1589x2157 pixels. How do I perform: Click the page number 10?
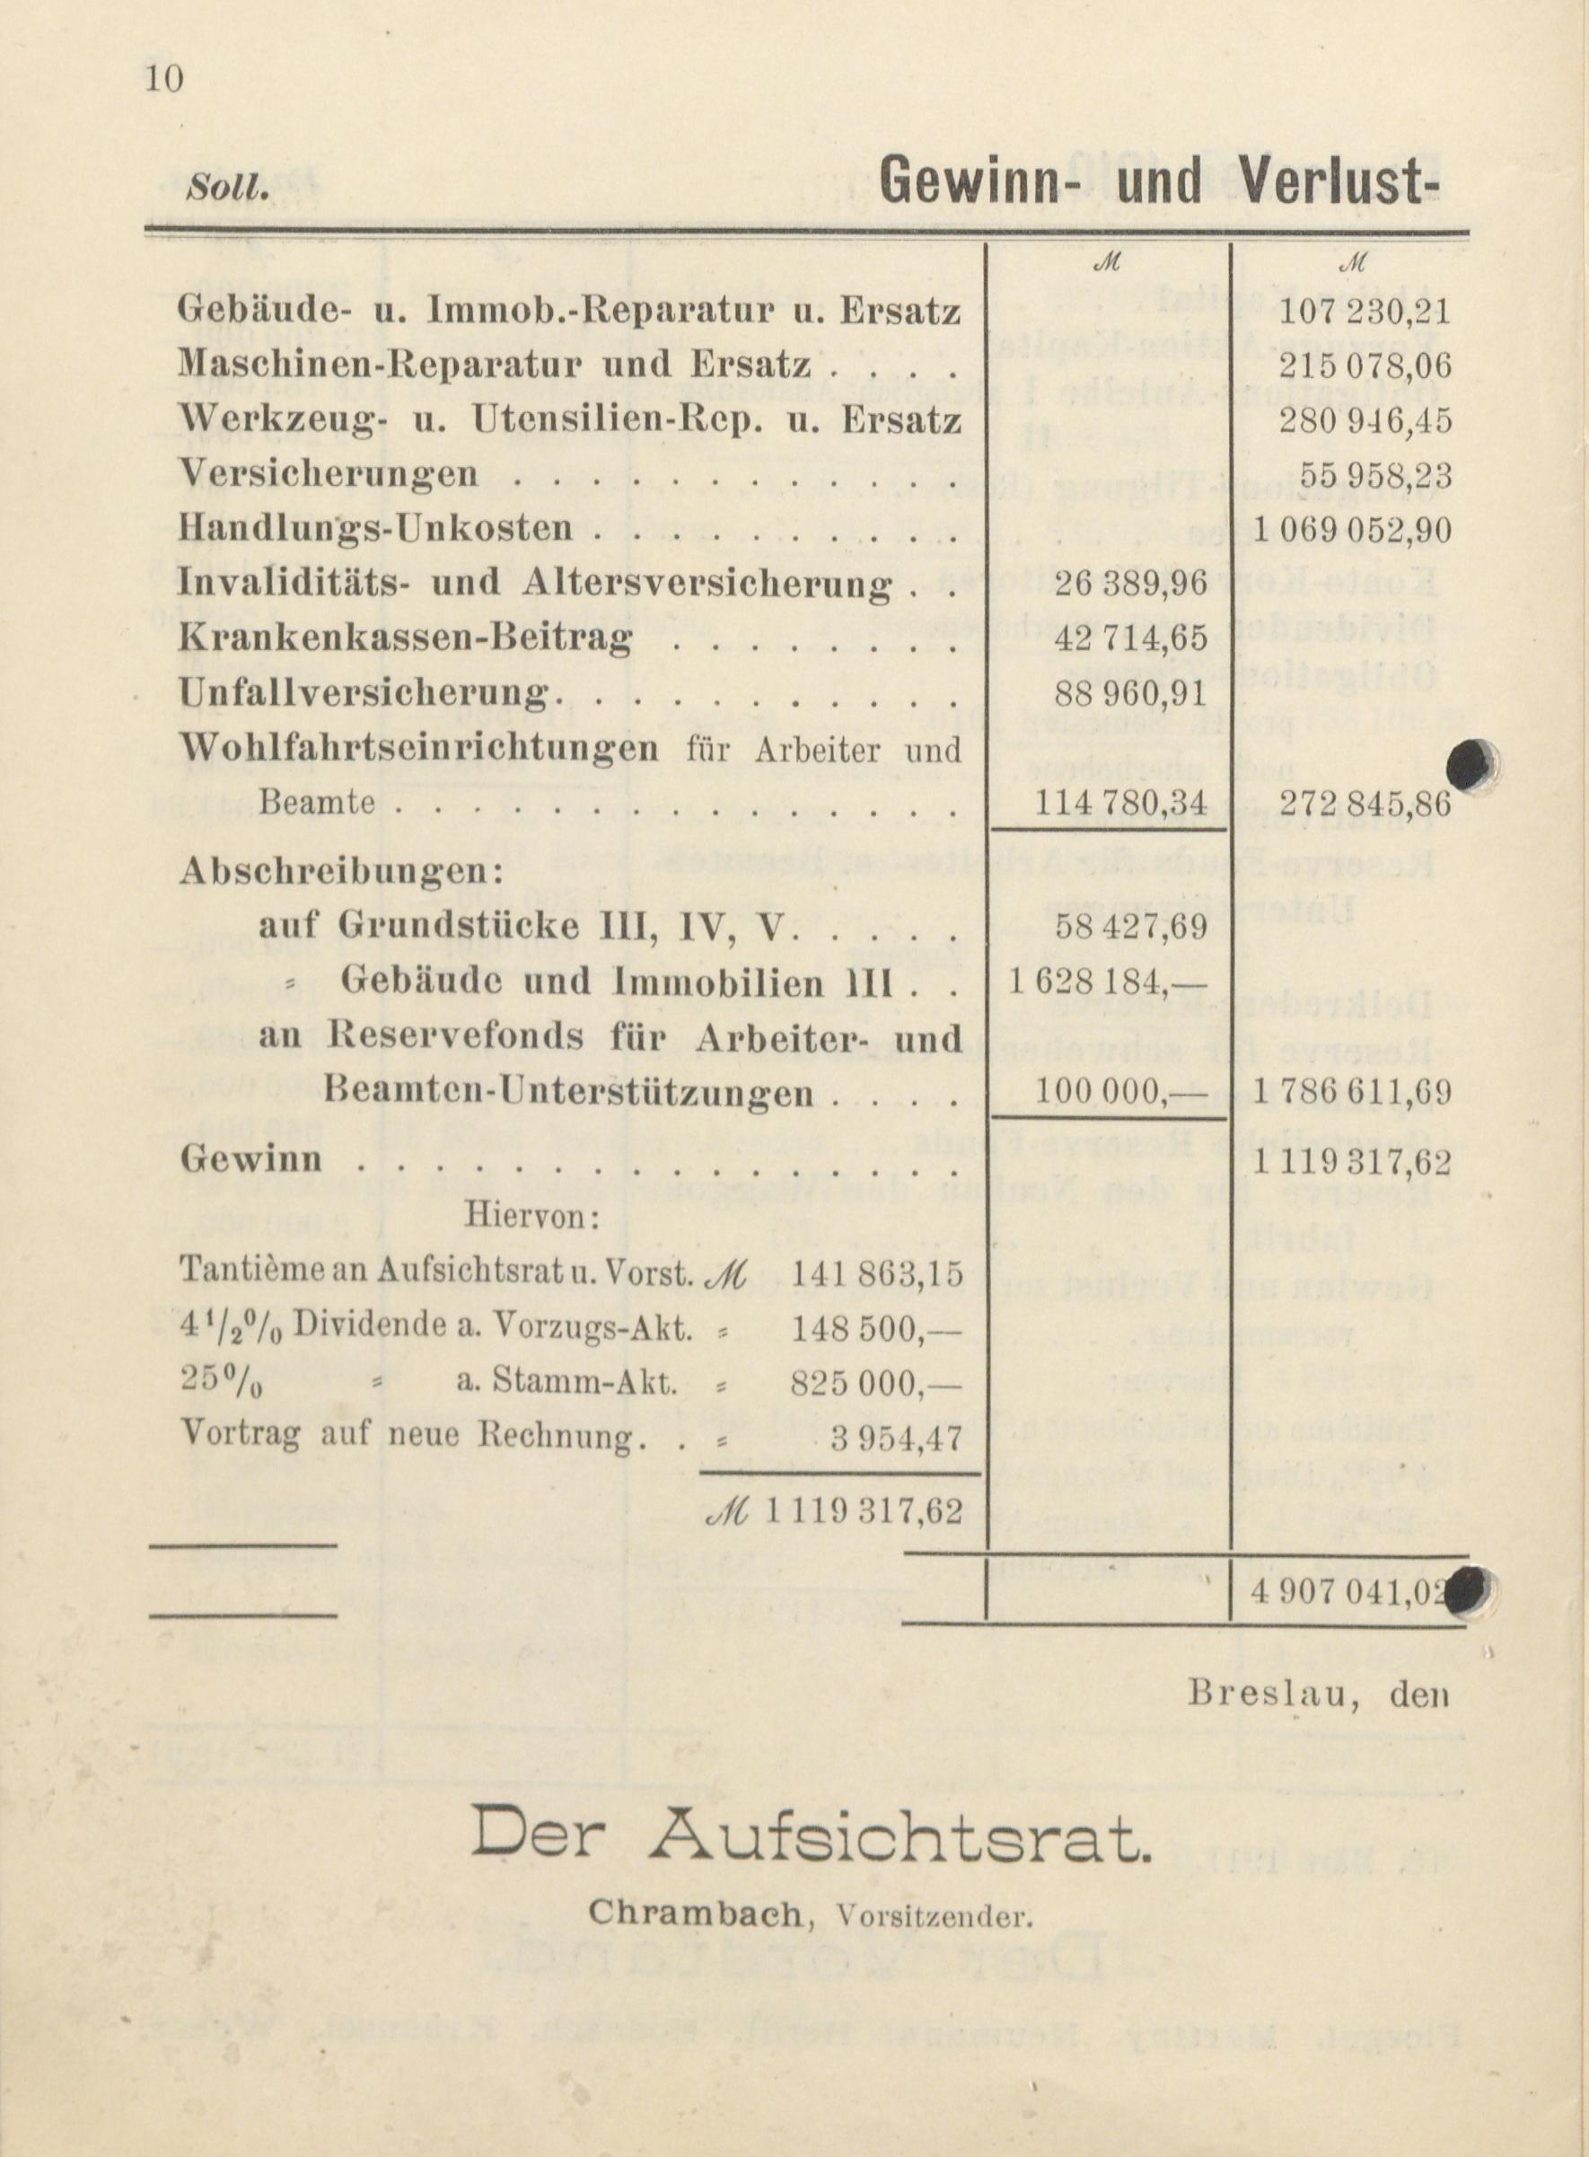163,78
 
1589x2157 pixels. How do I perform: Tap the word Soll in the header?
227,188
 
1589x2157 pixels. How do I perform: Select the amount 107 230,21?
1364,312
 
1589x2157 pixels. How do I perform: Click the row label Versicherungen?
328,474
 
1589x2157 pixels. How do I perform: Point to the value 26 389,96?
1117,584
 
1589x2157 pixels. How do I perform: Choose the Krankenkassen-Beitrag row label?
406,638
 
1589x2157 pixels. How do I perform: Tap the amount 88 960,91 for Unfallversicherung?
1117,692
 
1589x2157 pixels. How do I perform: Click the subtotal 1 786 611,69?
1350,1092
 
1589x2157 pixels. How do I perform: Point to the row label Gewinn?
251,1159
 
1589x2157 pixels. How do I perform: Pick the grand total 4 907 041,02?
1347,1590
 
